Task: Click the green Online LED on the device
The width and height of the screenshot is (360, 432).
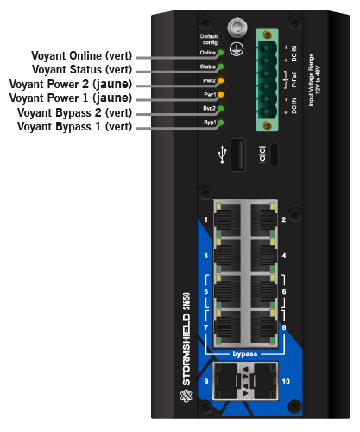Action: pyautogui.click(x=221, y=53)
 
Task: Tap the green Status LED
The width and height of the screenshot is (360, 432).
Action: pyautogui.click(x=221, y=67)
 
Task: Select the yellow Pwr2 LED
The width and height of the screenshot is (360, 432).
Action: pyautogui.click(x=221, y=80)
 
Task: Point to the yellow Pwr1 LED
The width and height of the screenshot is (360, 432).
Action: pyautogui.click(x=221, y=94)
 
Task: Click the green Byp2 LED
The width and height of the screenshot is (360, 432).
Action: pyautogui.click(x=221, y=109)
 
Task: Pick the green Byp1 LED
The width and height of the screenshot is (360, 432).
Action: pyautogui.click(x=221, y=123)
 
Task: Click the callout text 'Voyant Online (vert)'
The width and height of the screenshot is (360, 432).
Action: pyautogui.click(x=82, y=56)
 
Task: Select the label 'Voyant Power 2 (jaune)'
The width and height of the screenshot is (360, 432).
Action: pyautogui.click(x=71, y=84)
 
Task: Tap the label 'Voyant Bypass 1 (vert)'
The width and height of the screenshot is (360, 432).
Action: pyautogui.click(x=75, y=126)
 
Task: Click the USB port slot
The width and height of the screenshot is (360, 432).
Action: pyautogui.click(x=238, y=155)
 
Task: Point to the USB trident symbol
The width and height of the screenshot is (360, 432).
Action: pyautogui.click(x=223, y=155)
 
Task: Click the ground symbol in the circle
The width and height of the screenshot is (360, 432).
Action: pyautogui.click(x=237, y=48)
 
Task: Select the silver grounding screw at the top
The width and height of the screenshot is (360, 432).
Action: pyautogui.click(x=237, y=28)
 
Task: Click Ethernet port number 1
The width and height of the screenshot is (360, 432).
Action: pyautogui.click(x=227, y=219)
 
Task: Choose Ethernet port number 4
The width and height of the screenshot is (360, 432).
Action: pyautogui.click(x=264, y=256)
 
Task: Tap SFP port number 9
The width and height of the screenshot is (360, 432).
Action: pyautogui.click(x=224, y=381)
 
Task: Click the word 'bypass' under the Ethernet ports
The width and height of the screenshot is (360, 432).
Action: pyautogui.click(x=245, y=353)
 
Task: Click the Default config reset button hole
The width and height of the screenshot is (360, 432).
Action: pyautogui.click(x=221, y=35)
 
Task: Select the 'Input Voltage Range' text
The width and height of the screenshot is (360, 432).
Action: pyautogui.click(x=311, y=79)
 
